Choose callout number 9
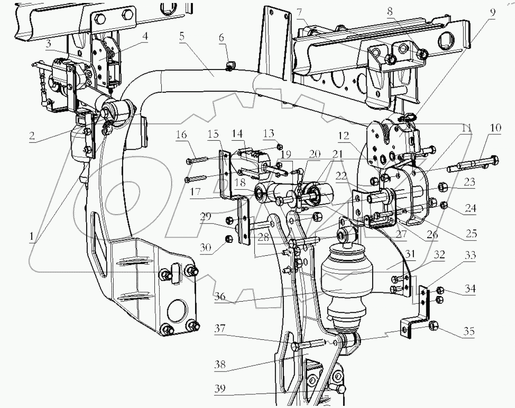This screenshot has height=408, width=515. click(493, 12)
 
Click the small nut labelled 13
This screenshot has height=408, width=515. click(280, 146)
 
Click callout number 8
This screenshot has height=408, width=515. click(390, 13)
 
